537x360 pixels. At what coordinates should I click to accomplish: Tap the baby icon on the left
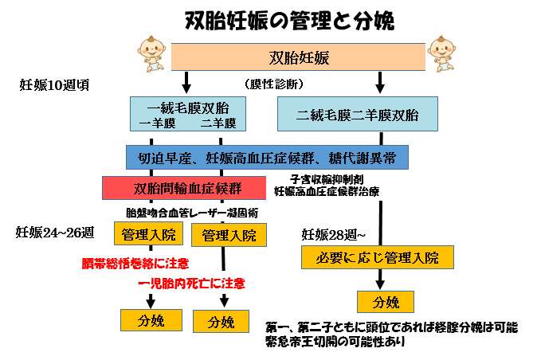click(152, 51)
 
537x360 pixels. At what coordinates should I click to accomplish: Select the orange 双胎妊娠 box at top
click(299, 57)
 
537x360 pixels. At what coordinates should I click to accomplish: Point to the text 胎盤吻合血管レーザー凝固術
click(191, 213)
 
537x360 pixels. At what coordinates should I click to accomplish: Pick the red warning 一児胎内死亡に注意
click(191, 283)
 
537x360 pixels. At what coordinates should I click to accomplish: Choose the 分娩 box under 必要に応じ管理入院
click(385, 302)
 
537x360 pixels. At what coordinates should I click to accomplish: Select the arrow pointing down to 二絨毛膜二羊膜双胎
click(380, 81)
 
